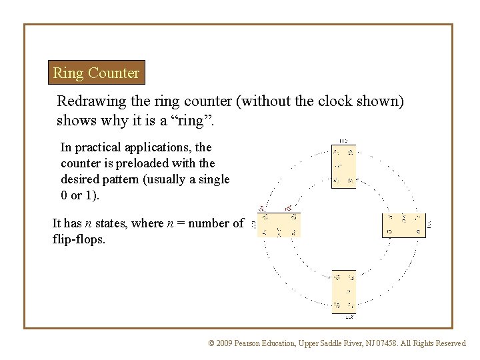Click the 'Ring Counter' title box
[97, 73]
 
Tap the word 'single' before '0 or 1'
[213, 179]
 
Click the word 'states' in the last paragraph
[119, 223]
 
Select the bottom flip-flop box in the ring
[343, 291]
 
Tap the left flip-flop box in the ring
[279, 225]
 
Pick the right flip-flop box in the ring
[403, 225]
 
